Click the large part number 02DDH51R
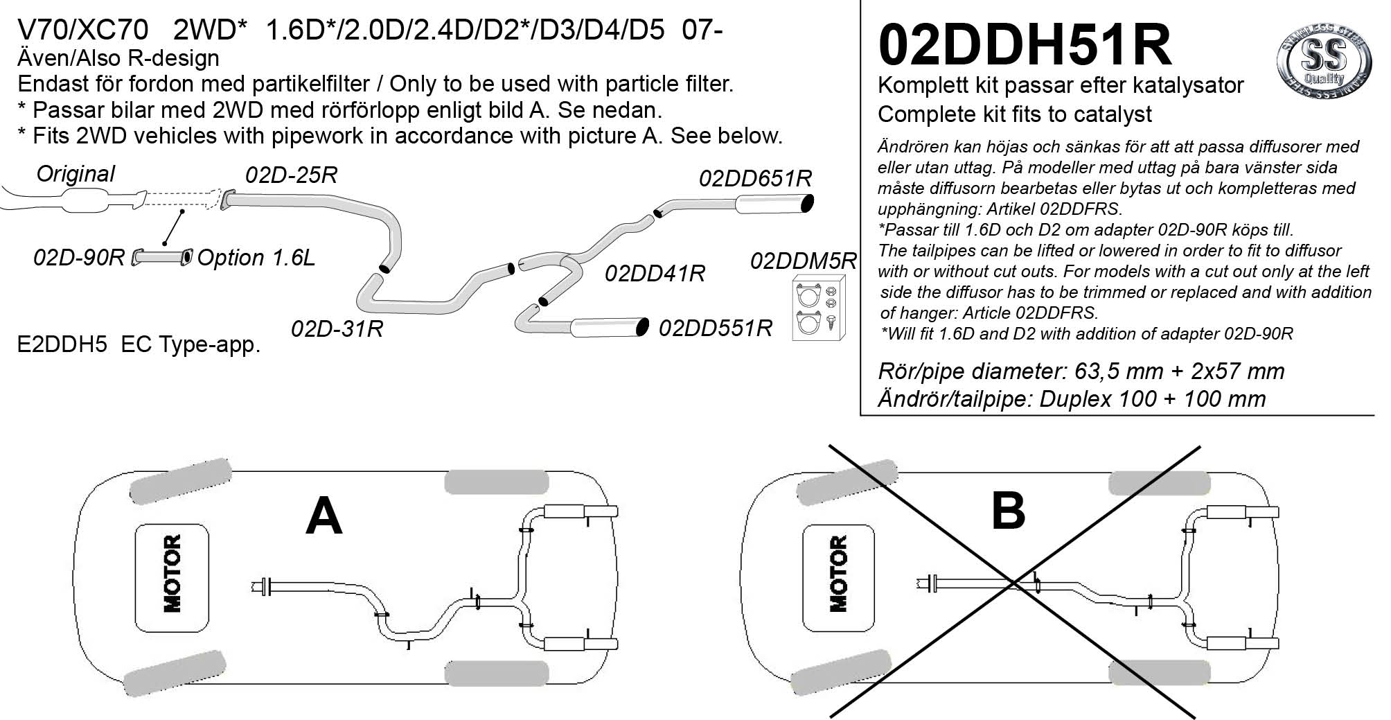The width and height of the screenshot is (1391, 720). click(x=1025, y=46)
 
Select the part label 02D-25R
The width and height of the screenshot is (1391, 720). click(x=291, y=175)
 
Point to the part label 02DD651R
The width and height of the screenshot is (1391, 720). click(x=755, y=179)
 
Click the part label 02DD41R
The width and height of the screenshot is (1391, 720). click(x=655, y=274)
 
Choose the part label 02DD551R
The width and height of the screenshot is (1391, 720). click(x=715, y=328)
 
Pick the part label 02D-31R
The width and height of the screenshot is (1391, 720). click(x=337, y=328)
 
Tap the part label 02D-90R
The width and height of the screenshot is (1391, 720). click(x=78, y=258)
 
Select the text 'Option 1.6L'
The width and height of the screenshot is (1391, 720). click(x=256, y=258)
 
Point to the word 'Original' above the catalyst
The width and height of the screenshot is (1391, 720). click(x=76, y=174)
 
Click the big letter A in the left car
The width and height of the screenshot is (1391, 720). click(x=324, y=517)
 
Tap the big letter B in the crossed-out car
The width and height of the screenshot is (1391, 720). click(x=1008, y=511)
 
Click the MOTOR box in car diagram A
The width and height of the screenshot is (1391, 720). click(x=172, y=573)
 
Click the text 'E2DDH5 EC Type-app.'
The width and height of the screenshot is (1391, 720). click(x=139, y=344)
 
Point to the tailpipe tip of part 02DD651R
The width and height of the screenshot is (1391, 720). click(x=806, y=204)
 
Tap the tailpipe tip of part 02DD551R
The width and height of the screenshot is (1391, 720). click(x=642, y=327)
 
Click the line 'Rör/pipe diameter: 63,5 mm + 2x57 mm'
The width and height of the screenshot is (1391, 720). click(x=1081, y=371)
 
